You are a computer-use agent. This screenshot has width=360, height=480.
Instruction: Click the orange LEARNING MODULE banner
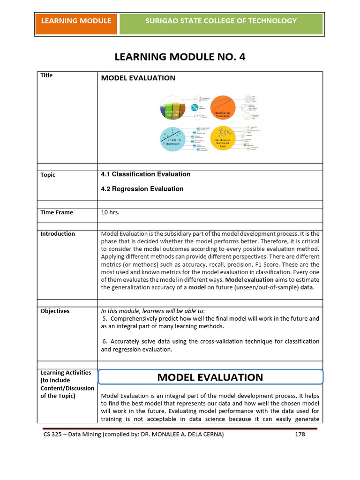(76, 21)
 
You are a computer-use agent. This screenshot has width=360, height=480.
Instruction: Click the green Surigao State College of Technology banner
(221, 21)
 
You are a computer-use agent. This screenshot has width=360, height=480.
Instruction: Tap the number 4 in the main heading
(242, 57)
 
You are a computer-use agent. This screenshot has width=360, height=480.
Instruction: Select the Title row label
(47, 75)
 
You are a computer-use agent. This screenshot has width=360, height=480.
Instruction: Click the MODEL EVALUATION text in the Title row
(138, 78)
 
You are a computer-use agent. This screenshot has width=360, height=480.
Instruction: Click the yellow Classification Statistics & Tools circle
(226, 138)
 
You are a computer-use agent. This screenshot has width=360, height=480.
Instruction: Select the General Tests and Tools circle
(173, 109)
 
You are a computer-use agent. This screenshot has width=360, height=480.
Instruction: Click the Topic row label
(48, 175)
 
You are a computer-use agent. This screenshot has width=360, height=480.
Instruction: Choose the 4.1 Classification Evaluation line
(146, 174)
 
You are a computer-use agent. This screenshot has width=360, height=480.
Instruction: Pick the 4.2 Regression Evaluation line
(142, 189)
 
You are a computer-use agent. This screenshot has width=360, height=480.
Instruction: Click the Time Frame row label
(57, 212)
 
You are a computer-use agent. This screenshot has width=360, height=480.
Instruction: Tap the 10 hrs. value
(111, 212)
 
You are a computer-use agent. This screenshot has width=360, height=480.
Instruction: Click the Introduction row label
(58, 234)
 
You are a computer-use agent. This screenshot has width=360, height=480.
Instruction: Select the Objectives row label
(55, 311)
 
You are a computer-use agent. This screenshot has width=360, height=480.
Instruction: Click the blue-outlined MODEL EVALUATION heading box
(210, 377)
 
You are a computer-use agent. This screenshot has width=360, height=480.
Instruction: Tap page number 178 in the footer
(300, 435)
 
